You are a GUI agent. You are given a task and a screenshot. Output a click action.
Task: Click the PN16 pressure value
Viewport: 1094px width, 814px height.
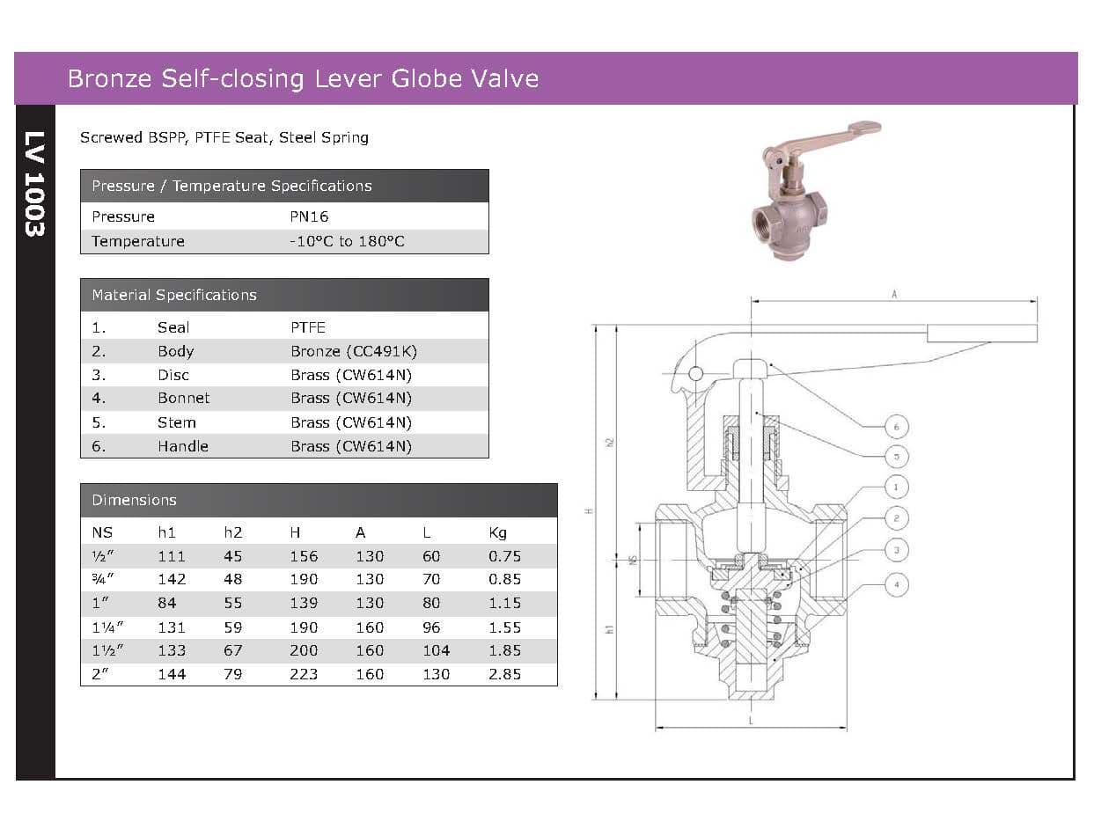(x=309, y=216)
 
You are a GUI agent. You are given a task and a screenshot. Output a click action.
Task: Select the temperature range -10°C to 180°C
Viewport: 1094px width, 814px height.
(x=347, y=241)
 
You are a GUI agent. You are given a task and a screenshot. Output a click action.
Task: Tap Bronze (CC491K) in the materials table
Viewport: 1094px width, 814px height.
(x=354, y=351)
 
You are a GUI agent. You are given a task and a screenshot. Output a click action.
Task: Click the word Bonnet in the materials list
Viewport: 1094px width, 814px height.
(x=183, y=398)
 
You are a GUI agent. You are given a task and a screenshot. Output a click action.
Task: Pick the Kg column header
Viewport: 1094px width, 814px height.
(x=497, y=532)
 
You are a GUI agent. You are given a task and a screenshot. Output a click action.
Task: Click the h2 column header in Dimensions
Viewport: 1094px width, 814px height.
(x=232, y=532)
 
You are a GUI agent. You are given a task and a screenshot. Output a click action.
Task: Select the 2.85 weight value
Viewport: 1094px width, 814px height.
(x=504, y=674)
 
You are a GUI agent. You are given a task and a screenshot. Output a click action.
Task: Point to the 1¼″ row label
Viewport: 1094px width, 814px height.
(x=107, y=627)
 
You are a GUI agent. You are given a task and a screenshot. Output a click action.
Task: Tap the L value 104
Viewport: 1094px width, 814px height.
(x=436, y=650)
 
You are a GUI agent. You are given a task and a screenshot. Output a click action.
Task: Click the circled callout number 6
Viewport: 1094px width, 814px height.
(x=896, y=427)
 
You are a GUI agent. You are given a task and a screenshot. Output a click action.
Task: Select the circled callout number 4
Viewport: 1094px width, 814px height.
(x=896, y=584)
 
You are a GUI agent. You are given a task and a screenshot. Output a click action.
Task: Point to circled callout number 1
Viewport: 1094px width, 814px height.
(x=896, y=487)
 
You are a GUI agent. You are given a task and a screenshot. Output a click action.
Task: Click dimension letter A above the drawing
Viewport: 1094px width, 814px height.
(x=894, y=295)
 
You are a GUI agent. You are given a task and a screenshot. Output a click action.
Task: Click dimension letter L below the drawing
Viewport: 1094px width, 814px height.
(x=751, y=721)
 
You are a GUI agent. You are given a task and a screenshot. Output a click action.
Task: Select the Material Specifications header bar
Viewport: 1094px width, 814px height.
(x=284, y=295)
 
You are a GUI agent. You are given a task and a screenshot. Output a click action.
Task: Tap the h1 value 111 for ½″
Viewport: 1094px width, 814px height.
(x=172, y=556)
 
